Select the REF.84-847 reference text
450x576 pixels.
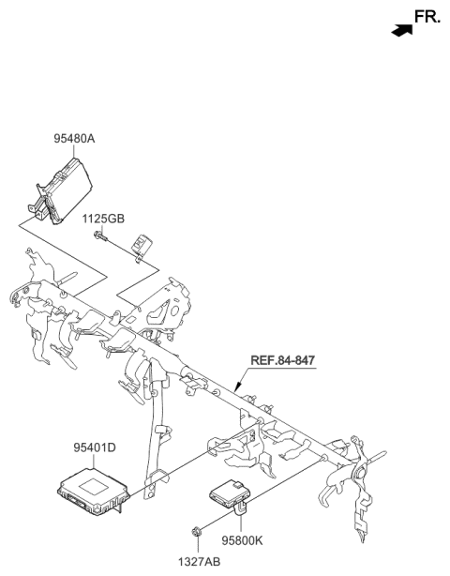coord(283,359)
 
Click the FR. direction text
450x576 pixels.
coord(427,16)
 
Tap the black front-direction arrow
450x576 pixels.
coord(402,30)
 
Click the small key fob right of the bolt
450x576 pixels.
coord(142,245)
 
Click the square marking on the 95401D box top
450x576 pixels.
coord(91,485)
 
